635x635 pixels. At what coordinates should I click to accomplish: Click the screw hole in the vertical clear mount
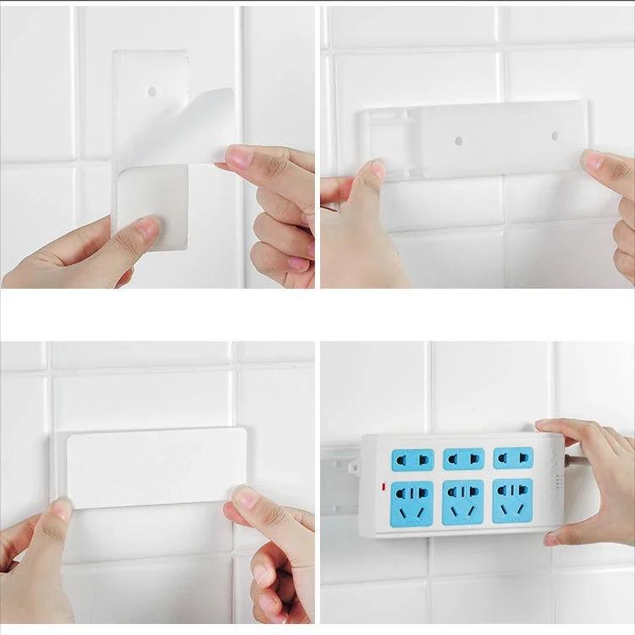152,90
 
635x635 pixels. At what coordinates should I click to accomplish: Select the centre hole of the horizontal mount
458,140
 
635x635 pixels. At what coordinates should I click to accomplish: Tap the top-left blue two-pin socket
412,459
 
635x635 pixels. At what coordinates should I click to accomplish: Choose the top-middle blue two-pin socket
463,458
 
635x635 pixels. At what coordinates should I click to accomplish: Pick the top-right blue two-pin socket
513,457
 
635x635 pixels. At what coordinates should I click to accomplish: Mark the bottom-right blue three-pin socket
513,500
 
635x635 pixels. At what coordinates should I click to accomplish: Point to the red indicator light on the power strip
384,486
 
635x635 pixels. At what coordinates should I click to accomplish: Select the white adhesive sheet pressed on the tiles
157,467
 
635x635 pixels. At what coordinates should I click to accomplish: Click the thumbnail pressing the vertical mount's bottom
149,226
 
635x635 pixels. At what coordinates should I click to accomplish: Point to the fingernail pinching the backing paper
239,156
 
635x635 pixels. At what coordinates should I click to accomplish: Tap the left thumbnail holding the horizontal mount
377,169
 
